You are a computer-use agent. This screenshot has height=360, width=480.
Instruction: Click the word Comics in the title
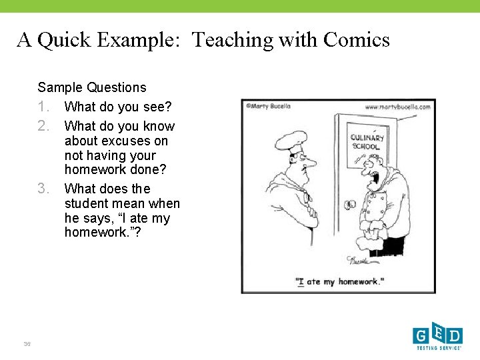(356, 41)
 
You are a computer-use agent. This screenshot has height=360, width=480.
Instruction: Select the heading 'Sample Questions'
(92, 87)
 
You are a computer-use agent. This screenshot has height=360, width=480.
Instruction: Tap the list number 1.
(44, 107)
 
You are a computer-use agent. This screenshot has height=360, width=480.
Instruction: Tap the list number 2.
(44, 126)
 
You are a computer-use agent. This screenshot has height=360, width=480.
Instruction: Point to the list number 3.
(44, 189)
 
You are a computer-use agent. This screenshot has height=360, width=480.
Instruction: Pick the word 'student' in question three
(89, 203)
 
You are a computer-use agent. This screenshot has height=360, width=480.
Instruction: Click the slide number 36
(27, 343)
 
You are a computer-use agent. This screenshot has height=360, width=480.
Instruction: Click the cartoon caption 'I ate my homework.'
(340, 282)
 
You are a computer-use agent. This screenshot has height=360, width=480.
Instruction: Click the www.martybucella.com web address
(399, 106)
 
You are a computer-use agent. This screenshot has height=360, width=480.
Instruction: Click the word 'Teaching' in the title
(233, 41)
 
